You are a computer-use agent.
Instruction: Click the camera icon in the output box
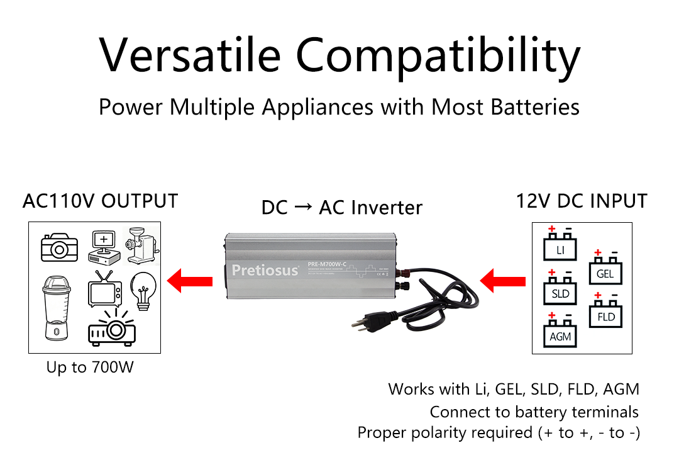(59, 247)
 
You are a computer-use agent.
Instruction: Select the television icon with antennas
(102, 290)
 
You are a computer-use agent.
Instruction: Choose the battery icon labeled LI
(560, 246)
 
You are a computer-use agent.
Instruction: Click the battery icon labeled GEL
(604, 271)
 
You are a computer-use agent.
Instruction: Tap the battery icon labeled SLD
(560, 290)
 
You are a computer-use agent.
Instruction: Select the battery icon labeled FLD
(605, 313)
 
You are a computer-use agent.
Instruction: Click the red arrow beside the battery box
(503, 280)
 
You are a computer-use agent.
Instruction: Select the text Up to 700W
(90, 367)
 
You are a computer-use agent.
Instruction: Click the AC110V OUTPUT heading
(100, 201)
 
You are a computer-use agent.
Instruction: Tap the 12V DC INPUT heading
(582, 201)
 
